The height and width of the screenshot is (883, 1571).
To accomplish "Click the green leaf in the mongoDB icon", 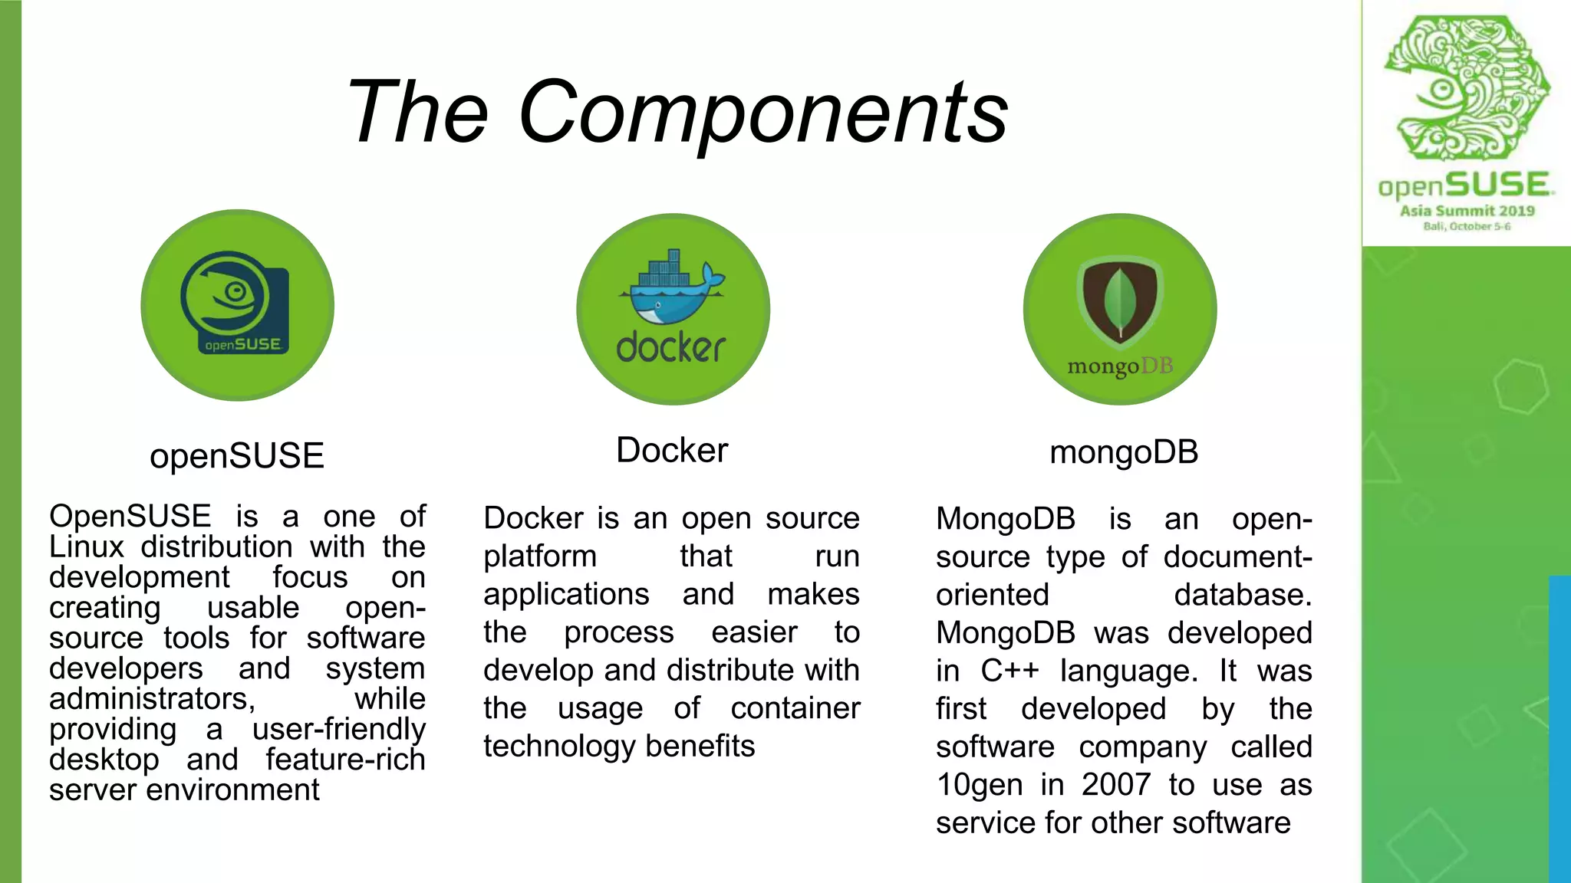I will (x=1120, y=304).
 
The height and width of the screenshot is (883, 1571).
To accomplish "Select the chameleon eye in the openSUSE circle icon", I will (x=235, y=291).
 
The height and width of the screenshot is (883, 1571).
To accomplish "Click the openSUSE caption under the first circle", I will (x=237, y=456).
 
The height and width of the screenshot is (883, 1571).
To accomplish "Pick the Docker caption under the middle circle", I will (x=672, y=451).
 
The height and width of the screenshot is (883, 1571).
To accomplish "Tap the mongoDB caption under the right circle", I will (x=1124, y=452).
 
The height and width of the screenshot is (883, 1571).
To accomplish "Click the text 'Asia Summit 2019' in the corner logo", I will (x=1467, y=211).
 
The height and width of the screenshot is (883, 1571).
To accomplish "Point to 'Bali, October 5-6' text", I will (x=1467, y=226).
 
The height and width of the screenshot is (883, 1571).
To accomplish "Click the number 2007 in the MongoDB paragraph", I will (x=1116, y=785).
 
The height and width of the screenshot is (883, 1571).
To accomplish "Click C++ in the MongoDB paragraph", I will (x=1009, y=671).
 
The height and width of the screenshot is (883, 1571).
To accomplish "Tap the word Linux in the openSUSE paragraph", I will (x=87, y=547).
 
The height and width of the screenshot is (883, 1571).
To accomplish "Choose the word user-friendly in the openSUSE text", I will (x=338, y=730).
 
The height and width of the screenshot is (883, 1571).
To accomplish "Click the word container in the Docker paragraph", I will (x=795, y=708).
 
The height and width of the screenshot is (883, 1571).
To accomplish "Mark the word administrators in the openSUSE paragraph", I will (x=152, y=699).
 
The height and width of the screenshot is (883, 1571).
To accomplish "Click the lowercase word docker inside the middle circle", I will (x=671, y=348).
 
